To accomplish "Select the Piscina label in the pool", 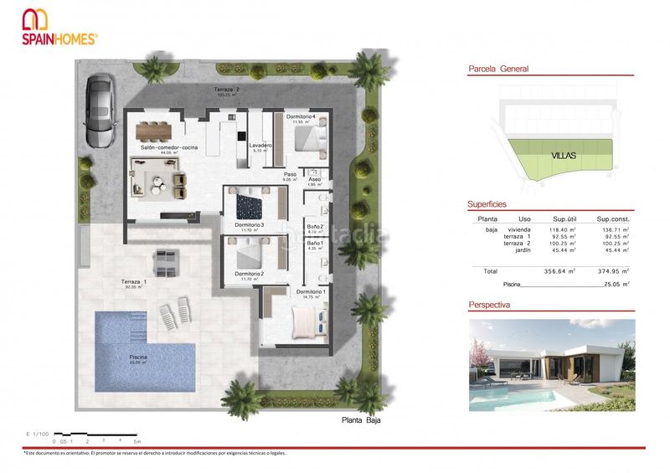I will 138,357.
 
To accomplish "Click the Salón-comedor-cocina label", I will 169,147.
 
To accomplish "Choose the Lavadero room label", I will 261,146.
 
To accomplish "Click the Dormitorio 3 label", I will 250,224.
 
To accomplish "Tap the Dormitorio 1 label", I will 312,291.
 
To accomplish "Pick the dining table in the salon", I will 153,129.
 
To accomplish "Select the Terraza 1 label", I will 135,282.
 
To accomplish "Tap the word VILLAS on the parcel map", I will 564,156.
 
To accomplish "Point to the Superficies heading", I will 487,203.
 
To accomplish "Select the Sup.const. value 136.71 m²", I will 614,229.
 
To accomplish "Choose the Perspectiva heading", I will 490,306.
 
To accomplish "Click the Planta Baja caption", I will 362,420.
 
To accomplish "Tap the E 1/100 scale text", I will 39,433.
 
